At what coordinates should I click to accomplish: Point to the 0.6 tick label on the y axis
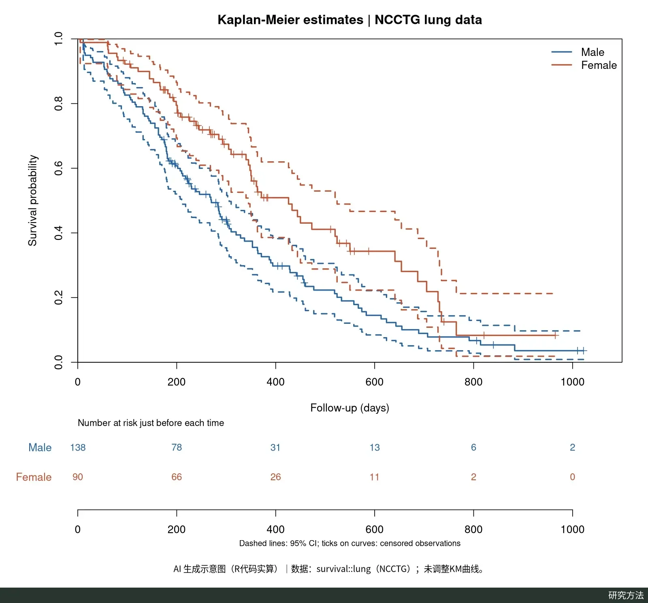[59, 168]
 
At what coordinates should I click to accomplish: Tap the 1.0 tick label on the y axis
[59, 39]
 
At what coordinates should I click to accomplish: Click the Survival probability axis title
[32, 201]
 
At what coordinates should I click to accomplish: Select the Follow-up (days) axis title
[350, 408]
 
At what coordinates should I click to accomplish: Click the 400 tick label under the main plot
[275, 382]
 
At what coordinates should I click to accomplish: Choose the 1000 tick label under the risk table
[572, 529]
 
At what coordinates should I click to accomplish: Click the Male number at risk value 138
[78, 447]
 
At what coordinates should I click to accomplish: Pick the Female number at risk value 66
[177, 477]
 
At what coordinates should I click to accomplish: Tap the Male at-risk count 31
[275, 447]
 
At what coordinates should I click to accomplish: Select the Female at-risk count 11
[375, 477]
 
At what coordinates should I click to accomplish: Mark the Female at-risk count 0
[572, 477]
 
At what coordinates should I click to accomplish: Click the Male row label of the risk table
[40, 447]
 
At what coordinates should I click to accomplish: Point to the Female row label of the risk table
[34, 477]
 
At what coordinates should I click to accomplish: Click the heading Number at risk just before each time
[151, 423]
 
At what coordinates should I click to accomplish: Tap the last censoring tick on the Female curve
[555, 335]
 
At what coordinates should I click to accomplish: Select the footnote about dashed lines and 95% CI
[350, 543]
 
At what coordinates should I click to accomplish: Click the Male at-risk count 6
[473, 447]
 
